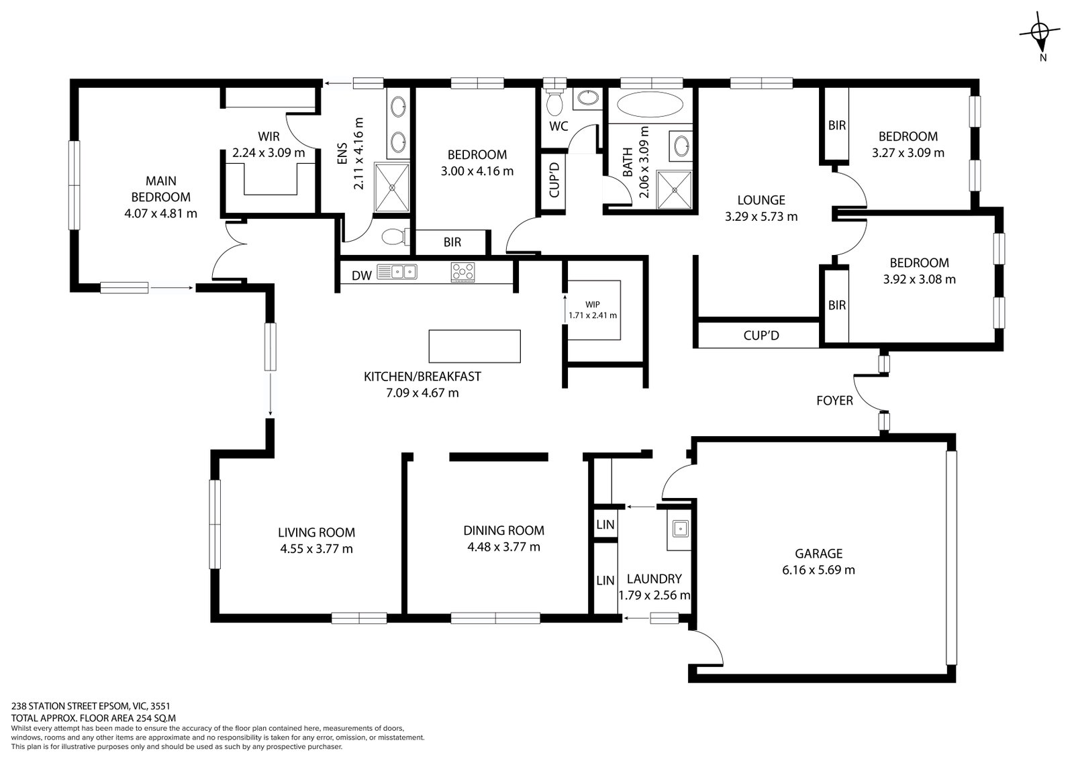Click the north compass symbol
point(1040,31)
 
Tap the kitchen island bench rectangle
point(475,346)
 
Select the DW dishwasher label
point(361,275)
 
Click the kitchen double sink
point(397,272)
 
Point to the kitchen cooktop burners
point(462,272)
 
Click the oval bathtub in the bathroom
point(650,105)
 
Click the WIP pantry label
point(592,304)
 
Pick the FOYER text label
point(834,401)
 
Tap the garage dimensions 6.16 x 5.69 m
point(818,570)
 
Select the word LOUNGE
point(761,200)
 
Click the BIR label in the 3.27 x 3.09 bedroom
point(836,125)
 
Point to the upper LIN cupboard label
point(605,524)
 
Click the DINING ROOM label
point(503,530)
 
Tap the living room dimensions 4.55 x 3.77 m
point(316,549)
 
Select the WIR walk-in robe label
point(268,137)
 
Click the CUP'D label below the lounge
point(761,335)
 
